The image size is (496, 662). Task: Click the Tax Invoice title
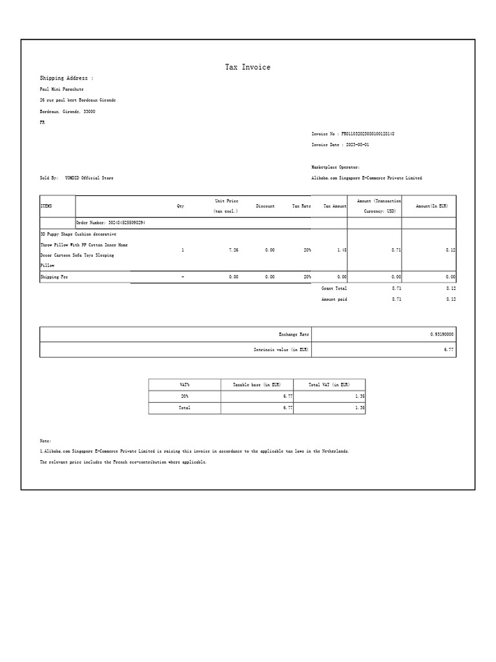[x=247, y=67]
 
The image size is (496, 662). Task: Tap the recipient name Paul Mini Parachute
[x=62, y=89]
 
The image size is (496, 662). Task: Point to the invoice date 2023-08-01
[x=357, y=145]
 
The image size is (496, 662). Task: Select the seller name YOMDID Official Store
[x=89, y=178]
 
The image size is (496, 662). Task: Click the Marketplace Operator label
[x=336, y=167]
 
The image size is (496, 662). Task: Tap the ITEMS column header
[x=46, y=206]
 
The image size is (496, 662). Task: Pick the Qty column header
[x=181, y=206]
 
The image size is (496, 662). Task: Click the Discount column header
[x=265, y=206]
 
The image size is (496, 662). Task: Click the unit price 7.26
[x=234, y=250]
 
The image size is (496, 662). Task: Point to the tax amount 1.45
[x=342, y=250]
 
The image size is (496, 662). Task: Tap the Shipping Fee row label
[x=54, y=277]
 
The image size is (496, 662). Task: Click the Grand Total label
[x=334, y=288]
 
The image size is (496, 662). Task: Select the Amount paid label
[x=334, y=299]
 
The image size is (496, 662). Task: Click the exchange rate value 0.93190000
[x=442, y=334]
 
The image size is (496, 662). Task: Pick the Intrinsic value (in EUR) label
[x=281, y=350]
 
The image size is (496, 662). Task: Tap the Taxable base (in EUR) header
[x=257, y=385]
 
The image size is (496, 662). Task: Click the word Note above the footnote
[x=45, y=441]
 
